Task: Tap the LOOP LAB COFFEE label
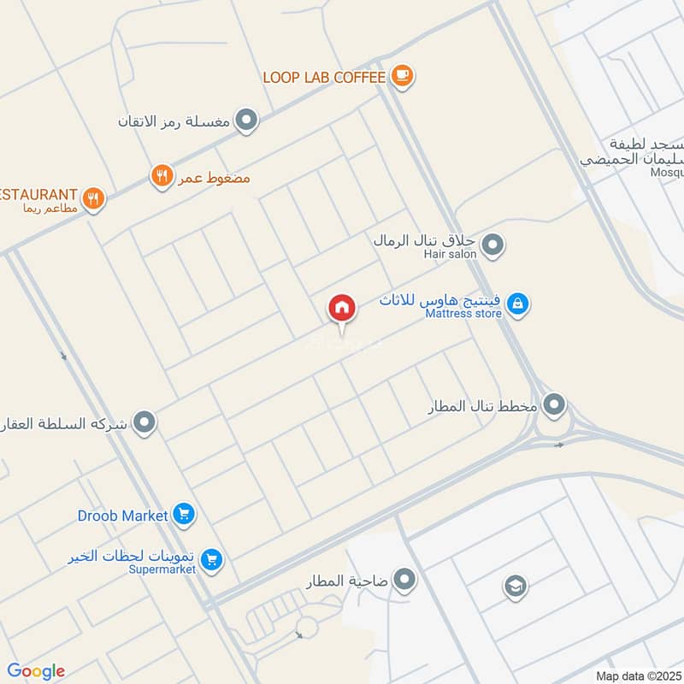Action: click(x=324, y=77)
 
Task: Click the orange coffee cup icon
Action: click(x=402, y=77)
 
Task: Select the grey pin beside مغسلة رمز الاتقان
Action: click(x=247, y=121)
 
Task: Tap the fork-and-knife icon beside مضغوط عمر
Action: click(x=162, y=177)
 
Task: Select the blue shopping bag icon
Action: click(x=517, y=304)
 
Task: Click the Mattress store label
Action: click(x=463, y=314)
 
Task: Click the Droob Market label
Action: click(x=123, y=516)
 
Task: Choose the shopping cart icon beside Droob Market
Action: click(x=183, y=515)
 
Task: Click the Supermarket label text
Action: click(x=162, y=569)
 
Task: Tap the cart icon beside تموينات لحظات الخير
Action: click(x=213, y=560)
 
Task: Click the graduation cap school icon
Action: click(x=515, y=586)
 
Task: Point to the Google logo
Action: click(x=36, y=671)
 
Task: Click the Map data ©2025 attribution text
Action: click(x=637, y=676)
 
